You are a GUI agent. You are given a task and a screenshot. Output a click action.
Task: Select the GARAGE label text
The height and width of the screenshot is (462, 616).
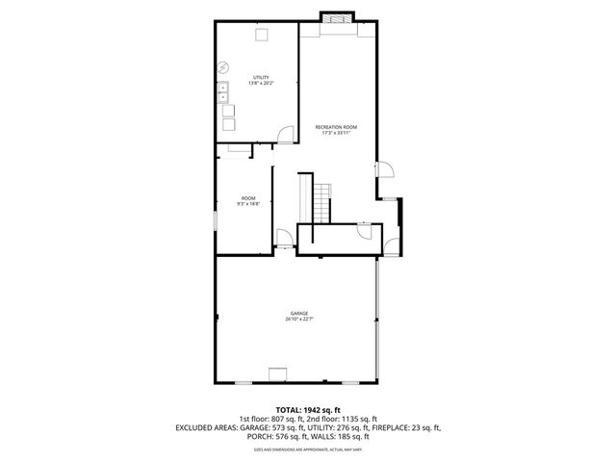[x=299, y=313]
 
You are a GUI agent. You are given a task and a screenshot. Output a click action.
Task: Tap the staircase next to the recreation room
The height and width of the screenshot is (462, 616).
[x=319, y=198]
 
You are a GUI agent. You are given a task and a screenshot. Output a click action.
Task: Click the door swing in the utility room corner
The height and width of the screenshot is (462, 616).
[x=286, y=136]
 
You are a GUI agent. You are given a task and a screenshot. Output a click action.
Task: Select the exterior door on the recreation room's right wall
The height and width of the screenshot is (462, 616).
[x=384, y=169]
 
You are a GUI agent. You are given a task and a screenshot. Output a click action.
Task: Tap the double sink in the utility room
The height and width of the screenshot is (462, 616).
[x=223, y=92]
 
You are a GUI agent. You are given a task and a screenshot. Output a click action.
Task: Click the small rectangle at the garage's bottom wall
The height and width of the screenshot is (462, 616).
[x=279, y=375]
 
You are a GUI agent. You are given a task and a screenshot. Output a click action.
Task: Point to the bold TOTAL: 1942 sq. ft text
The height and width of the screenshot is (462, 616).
[x=308, y=410]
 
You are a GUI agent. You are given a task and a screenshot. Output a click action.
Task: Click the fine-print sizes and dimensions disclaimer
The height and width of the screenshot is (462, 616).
[x=308, y=449]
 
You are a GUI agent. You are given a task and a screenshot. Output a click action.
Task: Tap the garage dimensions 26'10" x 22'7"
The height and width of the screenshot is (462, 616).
[x=299, y=319]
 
